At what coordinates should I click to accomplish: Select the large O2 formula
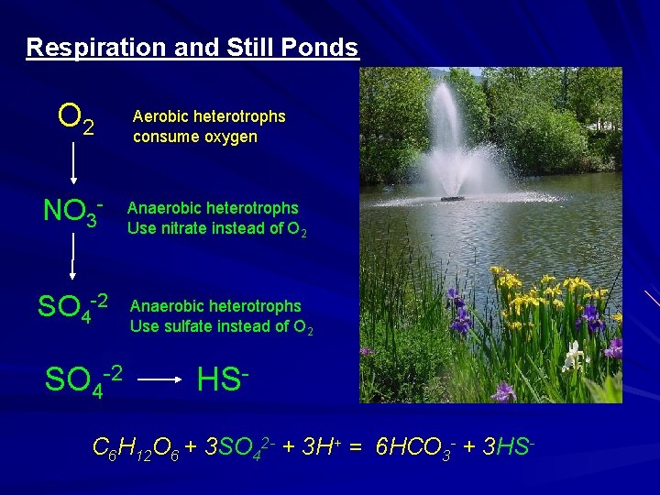(75, 118)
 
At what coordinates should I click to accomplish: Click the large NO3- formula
(72, 213)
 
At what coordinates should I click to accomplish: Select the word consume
(161, 137)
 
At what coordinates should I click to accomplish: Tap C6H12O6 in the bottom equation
(138, 449)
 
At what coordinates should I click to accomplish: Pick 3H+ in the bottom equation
(317, 449)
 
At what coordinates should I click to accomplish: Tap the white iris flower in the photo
(574, 353)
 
